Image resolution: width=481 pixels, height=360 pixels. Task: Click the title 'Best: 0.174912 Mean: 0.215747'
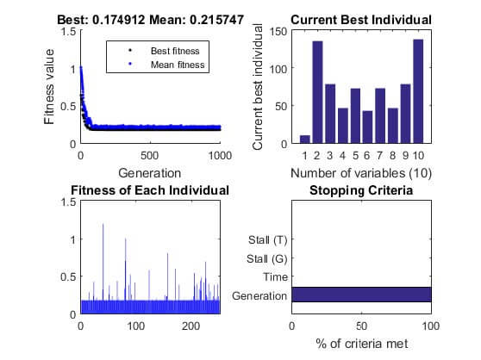[x=150, y=19]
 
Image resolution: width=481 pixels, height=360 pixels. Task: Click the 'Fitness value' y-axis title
[x=52, y=87]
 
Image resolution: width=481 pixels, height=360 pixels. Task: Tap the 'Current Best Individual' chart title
[x=361, y=19]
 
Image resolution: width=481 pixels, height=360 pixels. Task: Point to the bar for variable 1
[x=305, y=138]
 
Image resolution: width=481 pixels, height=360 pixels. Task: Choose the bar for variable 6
[x=367, y=126]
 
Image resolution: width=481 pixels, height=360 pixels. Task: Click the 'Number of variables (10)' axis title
[x=361, y=172]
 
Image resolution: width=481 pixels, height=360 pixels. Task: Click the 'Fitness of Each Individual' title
[x=150, y=189]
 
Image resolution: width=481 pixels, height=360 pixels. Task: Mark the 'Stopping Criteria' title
[x=361, y=189]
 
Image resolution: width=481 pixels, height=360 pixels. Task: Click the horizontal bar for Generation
[x=361, y=295]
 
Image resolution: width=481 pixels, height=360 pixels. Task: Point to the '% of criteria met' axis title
[x=361, y=344]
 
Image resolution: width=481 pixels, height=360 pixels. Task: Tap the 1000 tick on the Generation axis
[x=220, y=156]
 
